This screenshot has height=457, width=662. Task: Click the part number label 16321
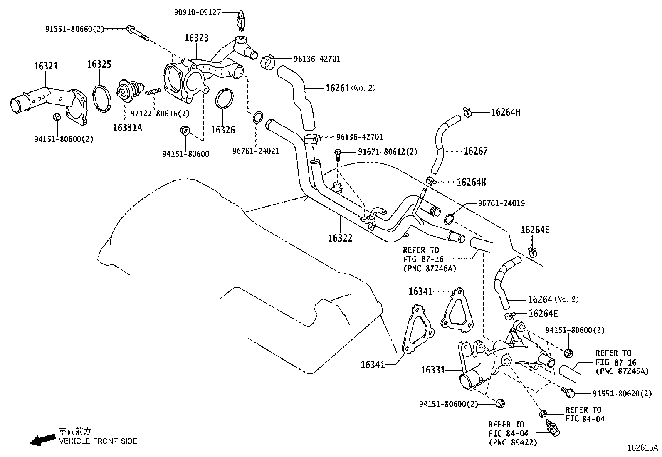(46, 66)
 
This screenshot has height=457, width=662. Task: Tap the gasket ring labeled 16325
(102, 98)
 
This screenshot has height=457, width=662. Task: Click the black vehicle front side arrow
(43, 439)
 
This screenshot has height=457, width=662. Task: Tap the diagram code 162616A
(643, 448)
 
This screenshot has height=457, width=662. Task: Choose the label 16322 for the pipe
(340, 238)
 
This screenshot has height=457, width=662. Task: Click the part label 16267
(475, 151)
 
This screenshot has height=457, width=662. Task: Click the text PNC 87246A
(430, 268)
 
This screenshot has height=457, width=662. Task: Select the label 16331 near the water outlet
(433, 370)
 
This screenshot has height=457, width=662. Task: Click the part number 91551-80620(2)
(622, 393)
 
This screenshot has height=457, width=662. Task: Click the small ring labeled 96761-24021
(258, 117)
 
